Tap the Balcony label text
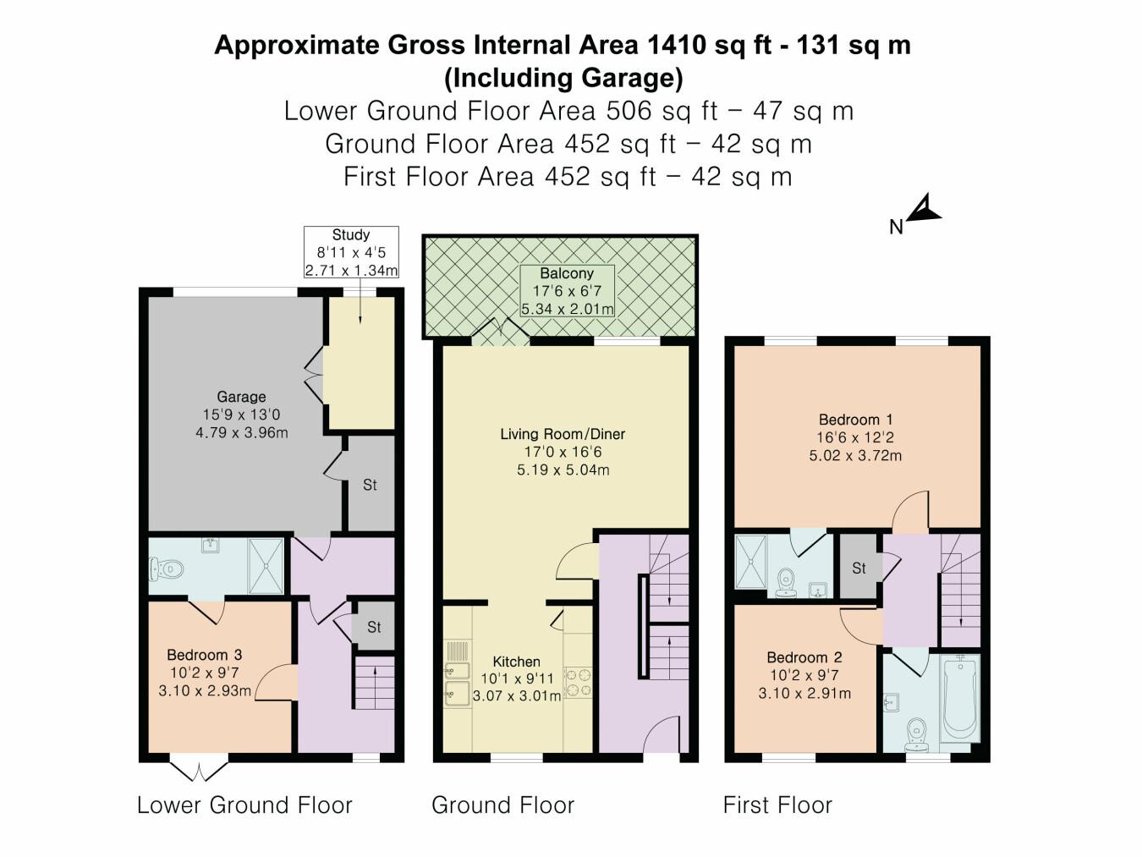(567, 273)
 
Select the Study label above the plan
(351, 234)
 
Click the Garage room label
(241, 397)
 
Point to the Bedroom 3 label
(205, 655)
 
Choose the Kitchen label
(516, 662)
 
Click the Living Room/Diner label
(563, 434)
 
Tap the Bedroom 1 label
(856, 420)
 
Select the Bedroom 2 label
(804, 657)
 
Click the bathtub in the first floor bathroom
(960, 698)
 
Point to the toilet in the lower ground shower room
(167, 569)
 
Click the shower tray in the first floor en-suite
(750, 563)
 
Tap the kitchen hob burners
(578, 683)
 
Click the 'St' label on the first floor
(859, 569)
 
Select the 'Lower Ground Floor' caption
(244, 805)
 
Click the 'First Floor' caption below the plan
(777, 805)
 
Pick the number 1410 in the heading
(677, 46)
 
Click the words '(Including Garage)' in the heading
(563, 78)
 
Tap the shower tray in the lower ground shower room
(266, 566)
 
